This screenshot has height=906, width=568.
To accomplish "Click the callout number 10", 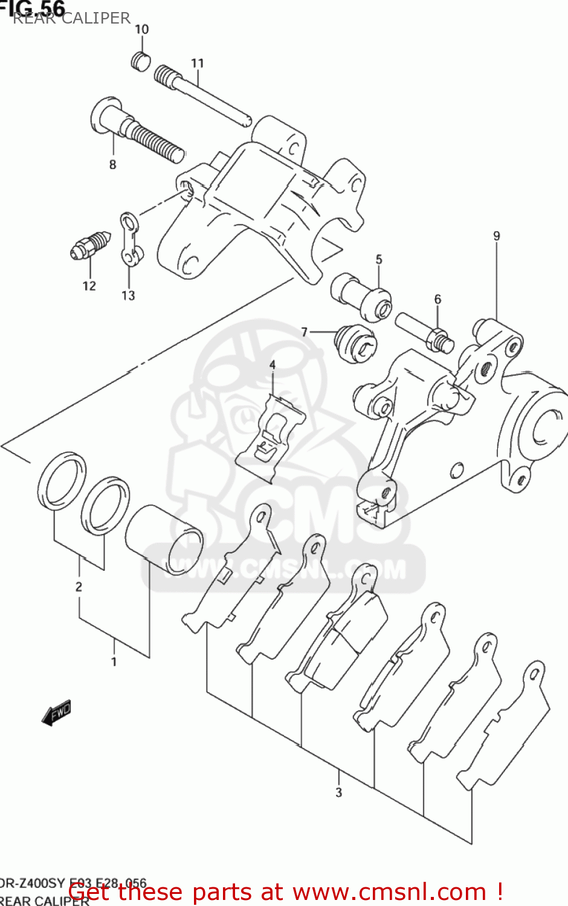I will click(x=141, y=29).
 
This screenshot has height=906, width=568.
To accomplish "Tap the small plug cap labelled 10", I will click(x=140, y=60).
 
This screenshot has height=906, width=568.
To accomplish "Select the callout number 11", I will click(x=198, y=63).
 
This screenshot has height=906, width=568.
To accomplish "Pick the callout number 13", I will click(x=128, y=295).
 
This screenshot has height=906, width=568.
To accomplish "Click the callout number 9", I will click(x=496, y=236).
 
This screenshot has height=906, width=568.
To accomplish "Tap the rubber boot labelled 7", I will click(x=357, y=344).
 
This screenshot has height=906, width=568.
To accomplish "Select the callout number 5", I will click(x=379, y=260).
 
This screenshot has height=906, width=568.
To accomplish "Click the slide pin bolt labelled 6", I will click(x=424, y=332).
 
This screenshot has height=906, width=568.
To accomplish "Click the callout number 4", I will click(x=273, y=365).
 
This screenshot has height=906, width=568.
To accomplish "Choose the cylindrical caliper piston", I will click(x=164, y=539).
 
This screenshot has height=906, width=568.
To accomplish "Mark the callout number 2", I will click(x=79, y=586).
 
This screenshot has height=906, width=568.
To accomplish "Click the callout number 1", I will click(x=114, y=662).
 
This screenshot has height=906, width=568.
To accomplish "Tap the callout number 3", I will click(x=338, y=792).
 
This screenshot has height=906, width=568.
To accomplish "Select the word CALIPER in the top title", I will click(x=97, y=18).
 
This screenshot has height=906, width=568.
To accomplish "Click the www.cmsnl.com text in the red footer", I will click(x=389, y=892).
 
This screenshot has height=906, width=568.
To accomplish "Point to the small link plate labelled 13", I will click(x=129, y=239).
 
